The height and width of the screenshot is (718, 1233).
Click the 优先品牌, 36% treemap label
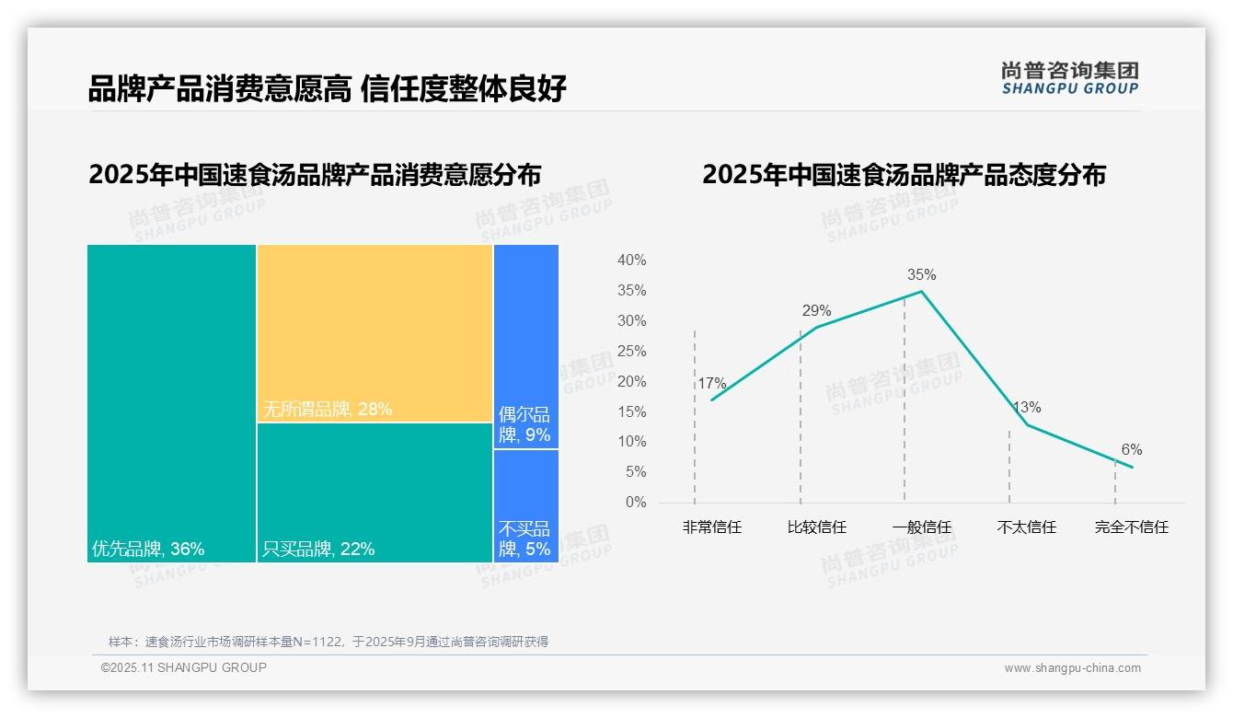pyautogui.click(x=148, y=550)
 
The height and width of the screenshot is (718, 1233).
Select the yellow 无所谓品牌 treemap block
pyautogui.click(x=375, y=333)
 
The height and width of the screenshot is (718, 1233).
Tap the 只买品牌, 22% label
pyautogui.click(x=318, y=550)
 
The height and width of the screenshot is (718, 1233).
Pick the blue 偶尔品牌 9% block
pyautogui.click(x=525, y=346)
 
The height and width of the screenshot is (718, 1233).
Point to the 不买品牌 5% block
pyautogui.click(x=525, y=505)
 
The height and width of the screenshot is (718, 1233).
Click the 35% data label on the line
pyautogui.click(x=921, y=274)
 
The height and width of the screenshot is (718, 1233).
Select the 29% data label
pyautogui.click(x=816, y=310)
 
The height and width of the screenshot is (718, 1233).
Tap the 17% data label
pyautogui.click(x=711, y=383)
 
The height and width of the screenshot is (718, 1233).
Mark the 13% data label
pyautogui.click(x=1027, y=407)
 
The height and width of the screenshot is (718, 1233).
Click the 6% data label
pyautogui.click(x=1131, y=449)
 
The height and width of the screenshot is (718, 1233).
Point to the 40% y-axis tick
pyautogui.click(x=631, y=261)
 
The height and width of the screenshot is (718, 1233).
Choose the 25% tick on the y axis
pyautogui.click(x=631, y=351)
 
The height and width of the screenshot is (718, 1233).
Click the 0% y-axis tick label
pyautogui.click(x=635, y=503)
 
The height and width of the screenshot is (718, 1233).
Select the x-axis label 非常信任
pyautogui.click(x=711, y=527)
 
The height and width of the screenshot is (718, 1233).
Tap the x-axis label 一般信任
pyautogui.click(x=921, y=527)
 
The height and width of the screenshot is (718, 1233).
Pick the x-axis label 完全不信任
pyautogui.click(x=1131, y=527)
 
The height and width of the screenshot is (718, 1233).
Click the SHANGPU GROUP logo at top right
pyautogui.click(x=1069, y=78)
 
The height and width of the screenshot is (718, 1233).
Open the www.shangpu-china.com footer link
pyautogui.click(x=1072, y=668)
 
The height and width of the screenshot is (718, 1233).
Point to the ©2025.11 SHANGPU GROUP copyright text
pyautogui.click(x=184, y=668)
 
